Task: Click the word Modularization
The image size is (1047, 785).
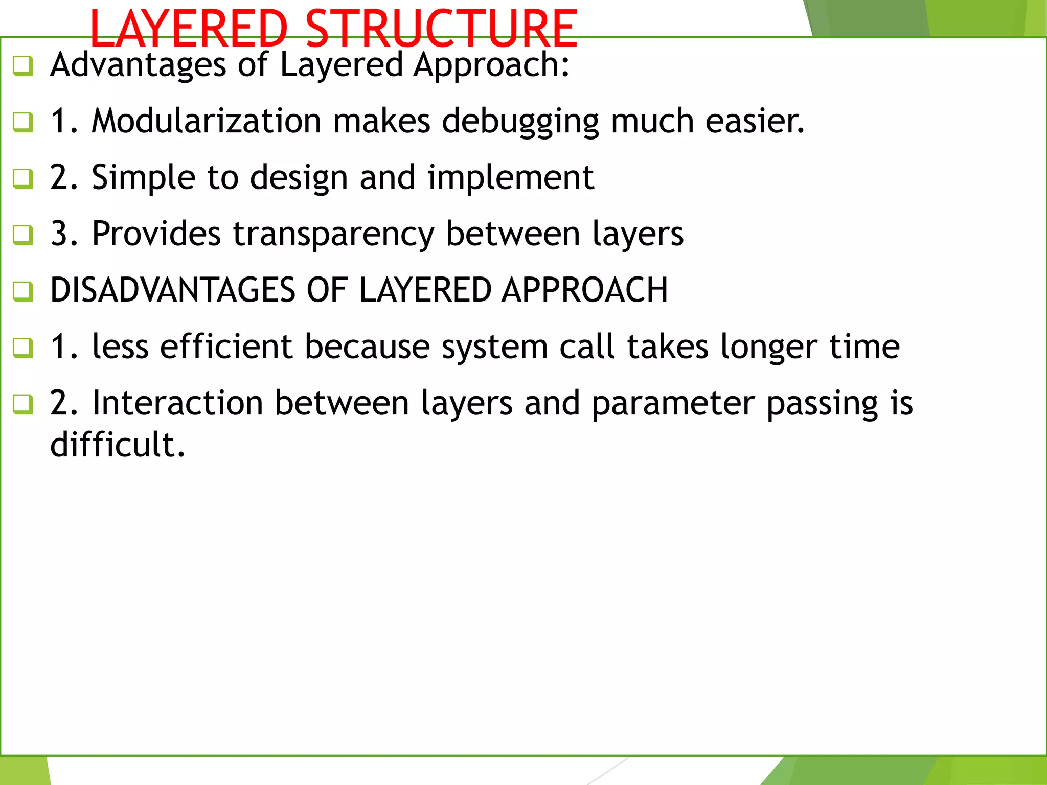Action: coord(207,121)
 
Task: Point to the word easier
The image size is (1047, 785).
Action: coord(755,121)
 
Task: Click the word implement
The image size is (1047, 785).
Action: coord(510,178)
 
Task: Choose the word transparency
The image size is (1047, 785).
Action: coord(333,234)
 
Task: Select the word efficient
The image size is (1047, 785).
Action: coord(226,347)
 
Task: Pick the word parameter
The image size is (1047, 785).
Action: coord(673,404)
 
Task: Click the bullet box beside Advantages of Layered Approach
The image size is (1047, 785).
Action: coord(23,66)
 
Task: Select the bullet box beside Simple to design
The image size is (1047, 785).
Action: coord(23,178)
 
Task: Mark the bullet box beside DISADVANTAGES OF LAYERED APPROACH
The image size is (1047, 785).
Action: coord(23,291)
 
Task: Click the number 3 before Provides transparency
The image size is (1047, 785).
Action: coord(59,234)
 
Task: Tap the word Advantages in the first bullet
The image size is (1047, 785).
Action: coord(138,65)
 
